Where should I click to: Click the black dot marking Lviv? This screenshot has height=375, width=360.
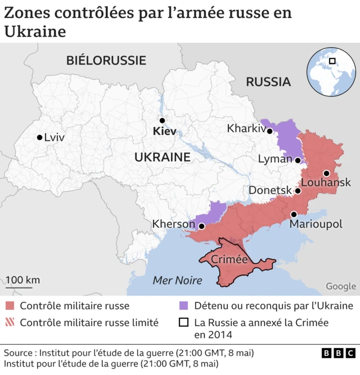point(39,137)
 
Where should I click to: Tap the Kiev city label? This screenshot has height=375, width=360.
point(164,132)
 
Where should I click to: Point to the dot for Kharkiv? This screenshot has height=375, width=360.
point(270,131)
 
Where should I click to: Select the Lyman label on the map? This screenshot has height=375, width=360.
point(275,159)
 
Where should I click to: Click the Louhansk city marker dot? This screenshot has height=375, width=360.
point(327,173)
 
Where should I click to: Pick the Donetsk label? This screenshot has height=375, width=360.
point(270,191)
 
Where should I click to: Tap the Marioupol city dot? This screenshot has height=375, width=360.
point(294,214)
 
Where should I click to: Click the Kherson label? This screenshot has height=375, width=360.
point(173,224)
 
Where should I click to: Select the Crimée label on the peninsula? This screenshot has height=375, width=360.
point(229,259)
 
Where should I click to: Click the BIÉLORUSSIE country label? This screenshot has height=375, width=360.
point(106,61)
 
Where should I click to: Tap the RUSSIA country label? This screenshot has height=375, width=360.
point(268,82)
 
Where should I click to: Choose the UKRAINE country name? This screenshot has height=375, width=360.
point(162,157)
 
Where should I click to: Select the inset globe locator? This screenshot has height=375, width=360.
point(331,72)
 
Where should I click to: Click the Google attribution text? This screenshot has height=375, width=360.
point(341,286)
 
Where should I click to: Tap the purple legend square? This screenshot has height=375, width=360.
point(183,306)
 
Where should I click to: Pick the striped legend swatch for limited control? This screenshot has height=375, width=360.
point(9,323)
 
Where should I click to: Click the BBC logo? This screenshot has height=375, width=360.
point(339,353)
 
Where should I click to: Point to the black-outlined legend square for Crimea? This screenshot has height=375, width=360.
point(183,323)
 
